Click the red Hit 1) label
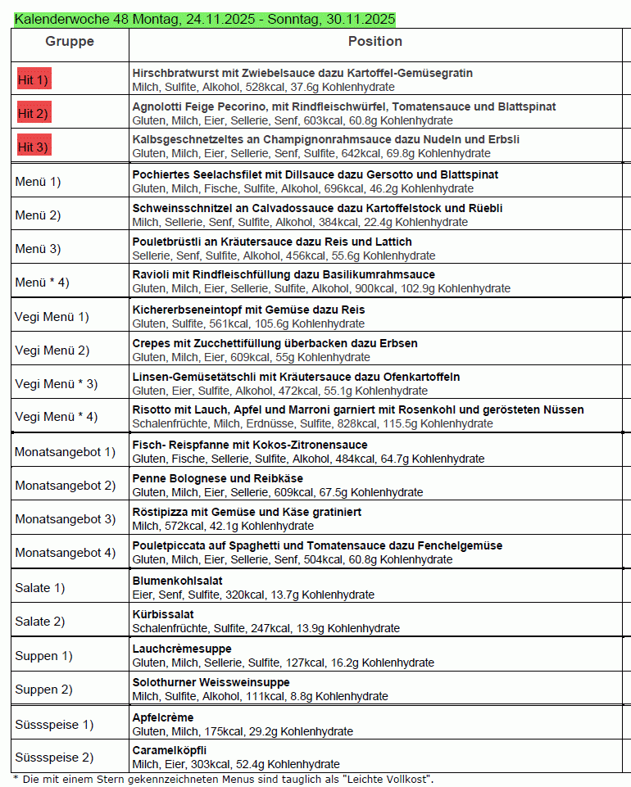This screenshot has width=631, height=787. tap(34, 79)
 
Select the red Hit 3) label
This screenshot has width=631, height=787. tap(34, 147)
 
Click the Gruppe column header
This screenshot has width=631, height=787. tap(70, 42)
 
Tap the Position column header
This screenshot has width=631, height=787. tap(375, 42)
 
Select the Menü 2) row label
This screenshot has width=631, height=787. tap(38, 215)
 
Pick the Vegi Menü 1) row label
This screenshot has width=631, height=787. tap(52, 317)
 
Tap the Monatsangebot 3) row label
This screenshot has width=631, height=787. tap(65, 518)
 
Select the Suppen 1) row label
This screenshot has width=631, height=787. tap(37, 655)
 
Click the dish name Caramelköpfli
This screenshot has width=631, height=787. tap(170, 750)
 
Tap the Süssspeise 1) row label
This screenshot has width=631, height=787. tap(54, 724)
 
